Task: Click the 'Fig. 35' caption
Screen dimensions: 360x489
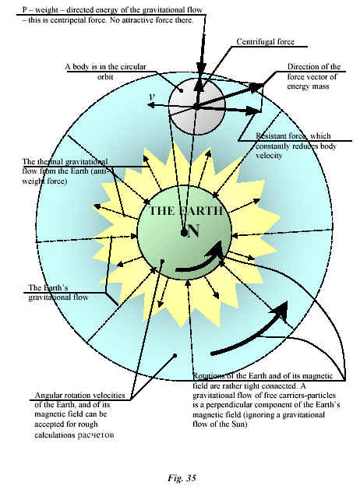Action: click(x=182, y=478)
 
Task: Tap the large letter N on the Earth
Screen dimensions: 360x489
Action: click(x=193, y=231)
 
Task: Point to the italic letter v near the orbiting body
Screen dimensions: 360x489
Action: click(x=152, y=97)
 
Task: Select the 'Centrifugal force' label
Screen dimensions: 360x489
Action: click(x=265, y=41)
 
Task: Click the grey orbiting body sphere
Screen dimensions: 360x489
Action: click(x=196, y=106)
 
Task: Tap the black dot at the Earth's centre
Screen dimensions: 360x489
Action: click(x=184, y=233)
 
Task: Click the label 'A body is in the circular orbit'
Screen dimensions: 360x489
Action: click(x=105, y=72)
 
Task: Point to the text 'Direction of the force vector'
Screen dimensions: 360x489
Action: click(x=313, y=72)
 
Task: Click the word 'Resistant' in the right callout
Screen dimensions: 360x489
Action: click(x=270, y=136)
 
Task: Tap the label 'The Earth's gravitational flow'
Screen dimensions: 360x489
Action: click(x=58, y=292)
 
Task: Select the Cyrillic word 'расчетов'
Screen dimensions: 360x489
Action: click(x=96, y=434)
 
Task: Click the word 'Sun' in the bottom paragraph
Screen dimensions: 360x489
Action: click(x=241, y=424)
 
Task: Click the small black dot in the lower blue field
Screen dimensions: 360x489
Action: click(x=175, y=355)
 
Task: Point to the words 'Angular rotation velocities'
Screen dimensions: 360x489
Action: click(x=79, y=395)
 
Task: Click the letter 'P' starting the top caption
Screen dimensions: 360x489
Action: click(x=24, y=10)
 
